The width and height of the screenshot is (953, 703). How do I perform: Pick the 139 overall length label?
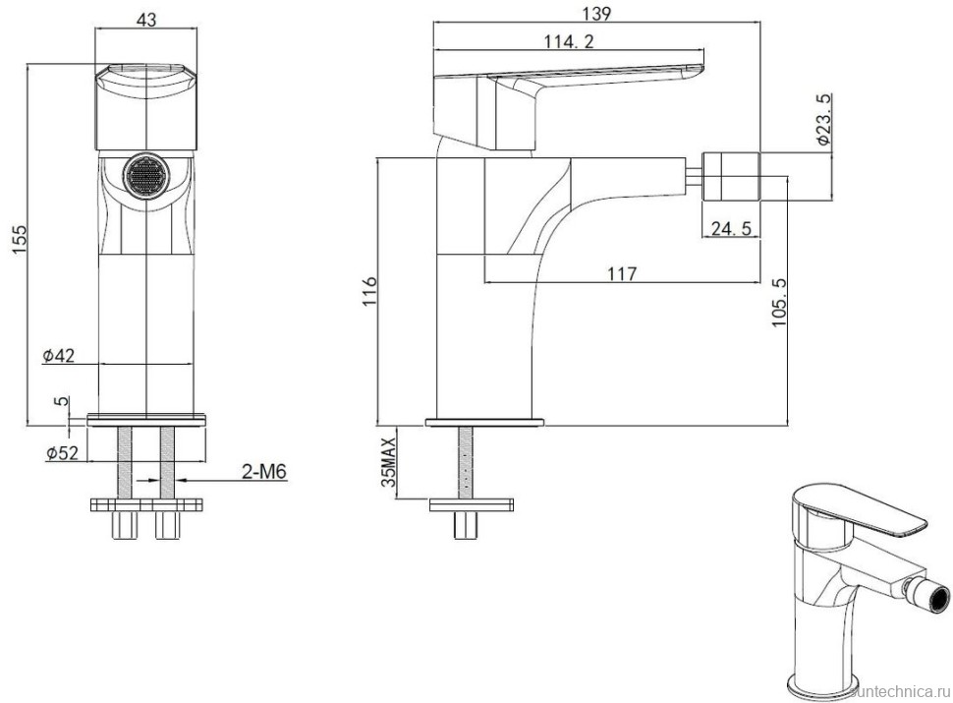coord(595,14)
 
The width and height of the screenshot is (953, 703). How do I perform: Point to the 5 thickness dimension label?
coord(61,402)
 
